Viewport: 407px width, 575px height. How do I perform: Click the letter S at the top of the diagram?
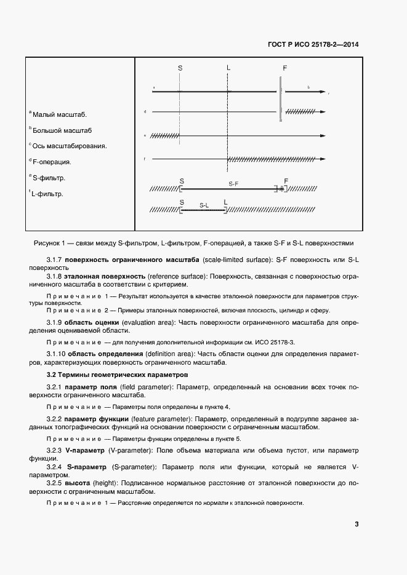tap(180, 68)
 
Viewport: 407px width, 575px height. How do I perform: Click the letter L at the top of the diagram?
tap(228, 68)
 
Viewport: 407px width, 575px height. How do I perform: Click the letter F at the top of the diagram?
tap(284, 68)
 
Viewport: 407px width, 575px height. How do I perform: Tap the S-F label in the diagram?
tap(234, 183)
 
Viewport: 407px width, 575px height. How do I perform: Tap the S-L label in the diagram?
tap(204, 204)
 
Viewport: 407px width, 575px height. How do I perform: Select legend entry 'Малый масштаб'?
tap(58, 114)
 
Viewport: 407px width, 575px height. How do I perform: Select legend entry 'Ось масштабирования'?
tap(68, 146)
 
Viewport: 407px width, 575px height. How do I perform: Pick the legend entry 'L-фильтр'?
tap(49, 194)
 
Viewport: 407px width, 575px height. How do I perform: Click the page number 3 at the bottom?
tap(357, 524)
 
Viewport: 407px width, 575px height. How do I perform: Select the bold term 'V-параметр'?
tap(86, 451)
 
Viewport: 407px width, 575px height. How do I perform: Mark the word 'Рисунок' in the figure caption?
tap(58, 243)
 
